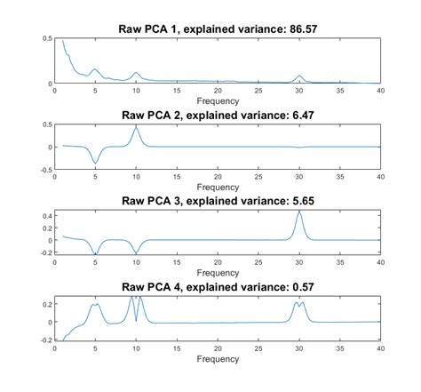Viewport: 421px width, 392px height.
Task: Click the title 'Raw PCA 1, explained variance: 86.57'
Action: click(218, 28)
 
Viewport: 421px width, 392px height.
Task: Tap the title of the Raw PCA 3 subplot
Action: click(218, 201)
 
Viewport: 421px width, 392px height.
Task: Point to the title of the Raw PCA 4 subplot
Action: click(218, 287)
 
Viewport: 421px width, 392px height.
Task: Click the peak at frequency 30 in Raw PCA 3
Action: click(299, 212)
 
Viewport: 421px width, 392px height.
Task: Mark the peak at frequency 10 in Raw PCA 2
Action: click(136, 126)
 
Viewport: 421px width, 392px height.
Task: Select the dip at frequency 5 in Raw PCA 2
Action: click(95, 163)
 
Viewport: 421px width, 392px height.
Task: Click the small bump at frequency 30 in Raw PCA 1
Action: click(299, 76)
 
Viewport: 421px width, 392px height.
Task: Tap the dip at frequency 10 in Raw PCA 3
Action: click(136, 253)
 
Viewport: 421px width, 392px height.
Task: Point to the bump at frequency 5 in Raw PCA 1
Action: click(95, 68)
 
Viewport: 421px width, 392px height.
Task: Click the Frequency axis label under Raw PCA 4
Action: click(218, 359)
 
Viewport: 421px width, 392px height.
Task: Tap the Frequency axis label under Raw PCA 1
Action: click(218, 100)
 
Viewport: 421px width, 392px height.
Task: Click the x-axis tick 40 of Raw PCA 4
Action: click(380, 349)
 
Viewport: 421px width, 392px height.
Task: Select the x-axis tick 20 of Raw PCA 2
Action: click(218, 177)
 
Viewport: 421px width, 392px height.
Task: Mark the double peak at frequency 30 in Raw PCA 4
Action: click(299, 304)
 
